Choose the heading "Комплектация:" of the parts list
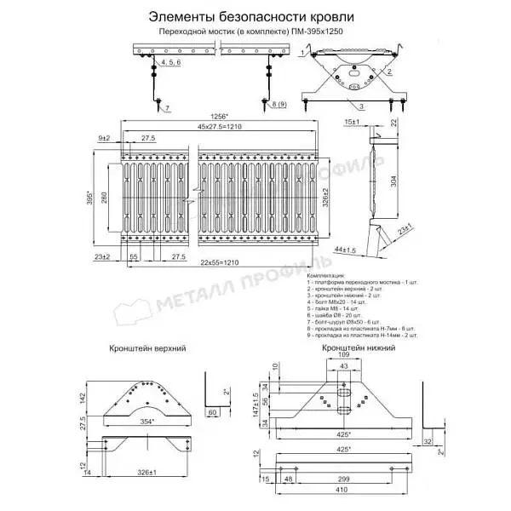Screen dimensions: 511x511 tap(323, 277)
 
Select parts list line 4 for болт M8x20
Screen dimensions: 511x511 tap(334, 301)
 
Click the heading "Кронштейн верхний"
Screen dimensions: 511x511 tap(147, 349)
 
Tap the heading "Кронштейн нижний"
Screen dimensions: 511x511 tap(350, 348)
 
